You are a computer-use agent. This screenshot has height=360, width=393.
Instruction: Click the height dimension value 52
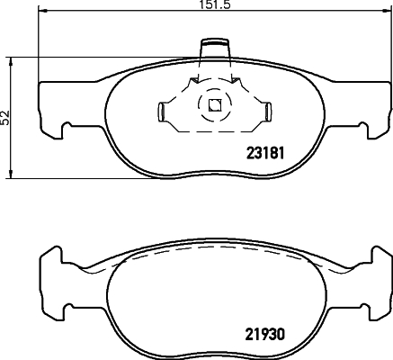[5, 117]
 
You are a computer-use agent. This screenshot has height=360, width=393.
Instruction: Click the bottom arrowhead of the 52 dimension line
[13, 172]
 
